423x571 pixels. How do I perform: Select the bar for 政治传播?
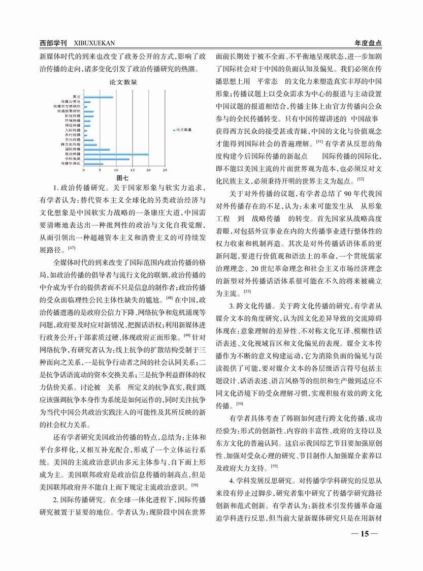click(116, 154)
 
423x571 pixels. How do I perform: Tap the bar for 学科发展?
click(106, 159)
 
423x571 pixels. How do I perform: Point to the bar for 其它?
click(99, 96)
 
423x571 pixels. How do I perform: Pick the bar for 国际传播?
click(96, 149)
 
